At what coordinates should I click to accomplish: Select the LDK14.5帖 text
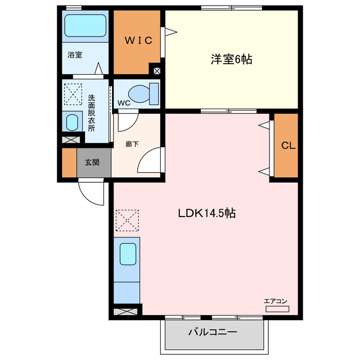point(206,214)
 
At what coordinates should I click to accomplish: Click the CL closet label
point(288,146)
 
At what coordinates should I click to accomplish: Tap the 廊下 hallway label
point(132,143)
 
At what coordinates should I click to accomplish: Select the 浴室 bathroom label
point(75,55)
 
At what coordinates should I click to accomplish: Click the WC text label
point(124,103)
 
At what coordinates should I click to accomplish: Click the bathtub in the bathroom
point(84,25)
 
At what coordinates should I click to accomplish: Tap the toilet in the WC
point(141,93)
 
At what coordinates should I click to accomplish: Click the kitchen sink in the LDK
point(128,256)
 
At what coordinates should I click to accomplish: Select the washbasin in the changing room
point(71,122)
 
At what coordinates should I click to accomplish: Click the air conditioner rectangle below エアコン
point(276,309)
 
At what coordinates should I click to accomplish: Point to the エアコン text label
point(276,301)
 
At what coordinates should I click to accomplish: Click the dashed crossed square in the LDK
point(127,220)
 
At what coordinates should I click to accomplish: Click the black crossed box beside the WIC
point(156,71)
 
